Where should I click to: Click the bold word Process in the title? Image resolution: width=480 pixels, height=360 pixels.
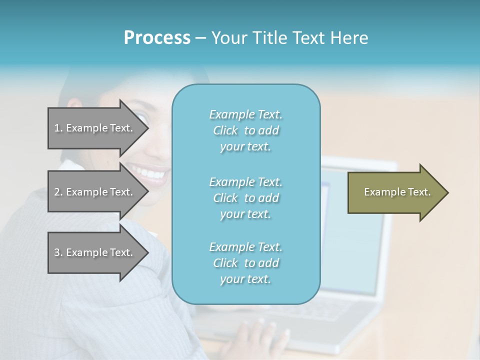click(x=157, y=38)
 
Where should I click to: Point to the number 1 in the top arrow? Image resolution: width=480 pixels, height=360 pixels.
click(x=57, y=128)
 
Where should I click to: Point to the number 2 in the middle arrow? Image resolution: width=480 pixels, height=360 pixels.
click(x=57, y=192)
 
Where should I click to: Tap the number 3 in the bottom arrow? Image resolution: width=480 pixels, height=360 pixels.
click(x=57, y=252)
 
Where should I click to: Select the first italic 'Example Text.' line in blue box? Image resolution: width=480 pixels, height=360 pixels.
click(x=245, y=114)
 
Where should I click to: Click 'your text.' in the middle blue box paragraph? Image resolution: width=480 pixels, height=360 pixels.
click(x=245, y=214)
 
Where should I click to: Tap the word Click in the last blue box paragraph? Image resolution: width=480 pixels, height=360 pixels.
click(x=225, y=263)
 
